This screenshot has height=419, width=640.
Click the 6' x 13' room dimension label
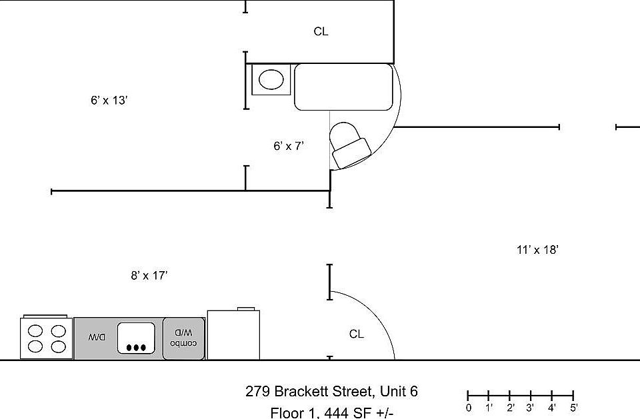click(109, 101)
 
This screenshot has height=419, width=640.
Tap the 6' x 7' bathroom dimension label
click(289, 146)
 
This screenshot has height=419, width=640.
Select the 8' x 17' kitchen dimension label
click(149, 275)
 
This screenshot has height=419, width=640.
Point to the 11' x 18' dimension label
click(537, 250)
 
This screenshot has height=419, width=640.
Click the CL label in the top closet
click(321, 31)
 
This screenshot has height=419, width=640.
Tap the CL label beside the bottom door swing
click(356, 334)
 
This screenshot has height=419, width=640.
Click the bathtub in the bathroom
click(343, 87)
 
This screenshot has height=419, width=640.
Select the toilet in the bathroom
click(350, 146)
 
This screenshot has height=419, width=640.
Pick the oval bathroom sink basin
click(271, 79)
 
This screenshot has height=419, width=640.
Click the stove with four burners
click(47, 338)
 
